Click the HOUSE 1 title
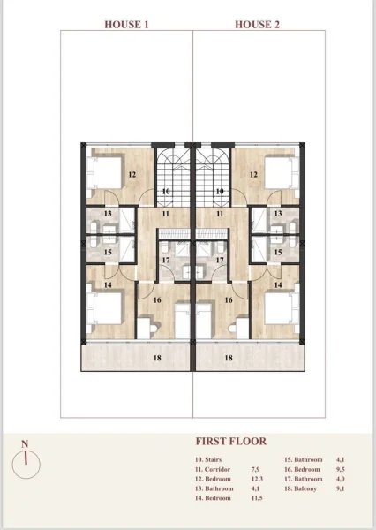[x=127, y=25]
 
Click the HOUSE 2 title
[x=257, y=25]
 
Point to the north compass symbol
[x=29, y=459]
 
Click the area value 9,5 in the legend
[x=340, y=472]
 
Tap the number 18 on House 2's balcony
[x=228, y=358]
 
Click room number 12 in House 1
[x=132, y=174]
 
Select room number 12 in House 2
[x=253, y=174]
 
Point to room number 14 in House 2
[x=278, y=285]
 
